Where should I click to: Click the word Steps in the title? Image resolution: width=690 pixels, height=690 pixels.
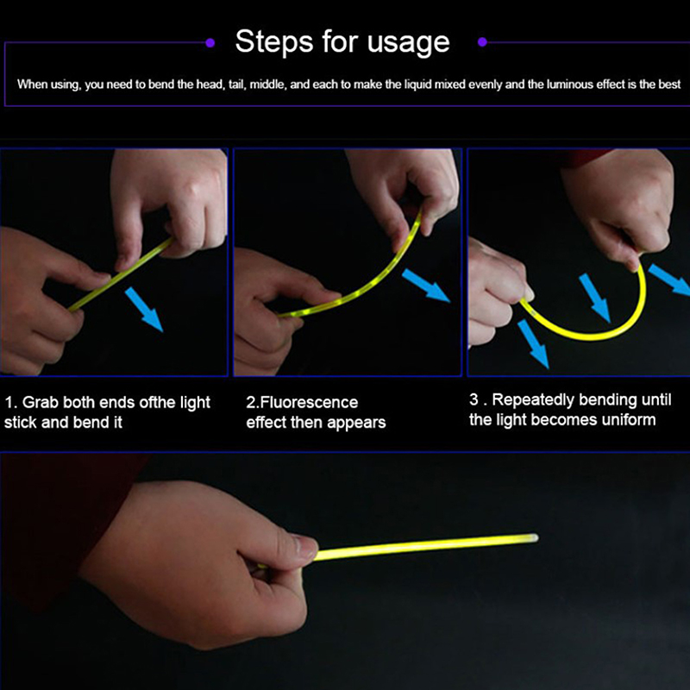(x=274, y=41)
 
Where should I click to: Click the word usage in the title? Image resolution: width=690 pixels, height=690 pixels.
(x=408, y=45)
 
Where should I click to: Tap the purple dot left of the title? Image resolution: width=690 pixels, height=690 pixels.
(x=210, y=42)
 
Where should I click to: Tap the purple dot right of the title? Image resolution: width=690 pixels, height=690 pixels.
(x=482, y=42)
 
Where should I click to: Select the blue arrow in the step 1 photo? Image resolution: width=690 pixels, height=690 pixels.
(x=144, y=309)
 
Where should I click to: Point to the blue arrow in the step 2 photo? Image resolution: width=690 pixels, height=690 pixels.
(x=426, y=285)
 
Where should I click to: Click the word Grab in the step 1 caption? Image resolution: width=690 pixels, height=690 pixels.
(x=40, y=402)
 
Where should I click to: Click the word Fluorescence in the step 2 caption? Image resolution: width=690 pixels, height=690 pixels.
(x=309, y=402)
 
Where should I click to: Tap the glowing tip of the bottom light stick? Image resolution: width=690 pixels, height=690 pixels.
(x=533, y=537)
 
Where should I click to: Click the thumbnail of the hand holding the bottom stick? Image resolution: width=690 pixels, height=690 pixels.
(x=304, y=548)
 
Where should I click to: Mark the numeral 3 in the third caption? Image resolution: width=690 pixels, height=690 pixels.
(x=474, y=399)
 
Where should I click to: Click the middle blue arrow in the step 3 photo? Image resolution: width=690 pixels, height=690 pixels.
(x=594, y=298)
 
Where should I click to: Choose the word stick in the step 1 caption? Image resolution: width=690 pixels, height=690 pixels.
(x=20, y=423)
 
